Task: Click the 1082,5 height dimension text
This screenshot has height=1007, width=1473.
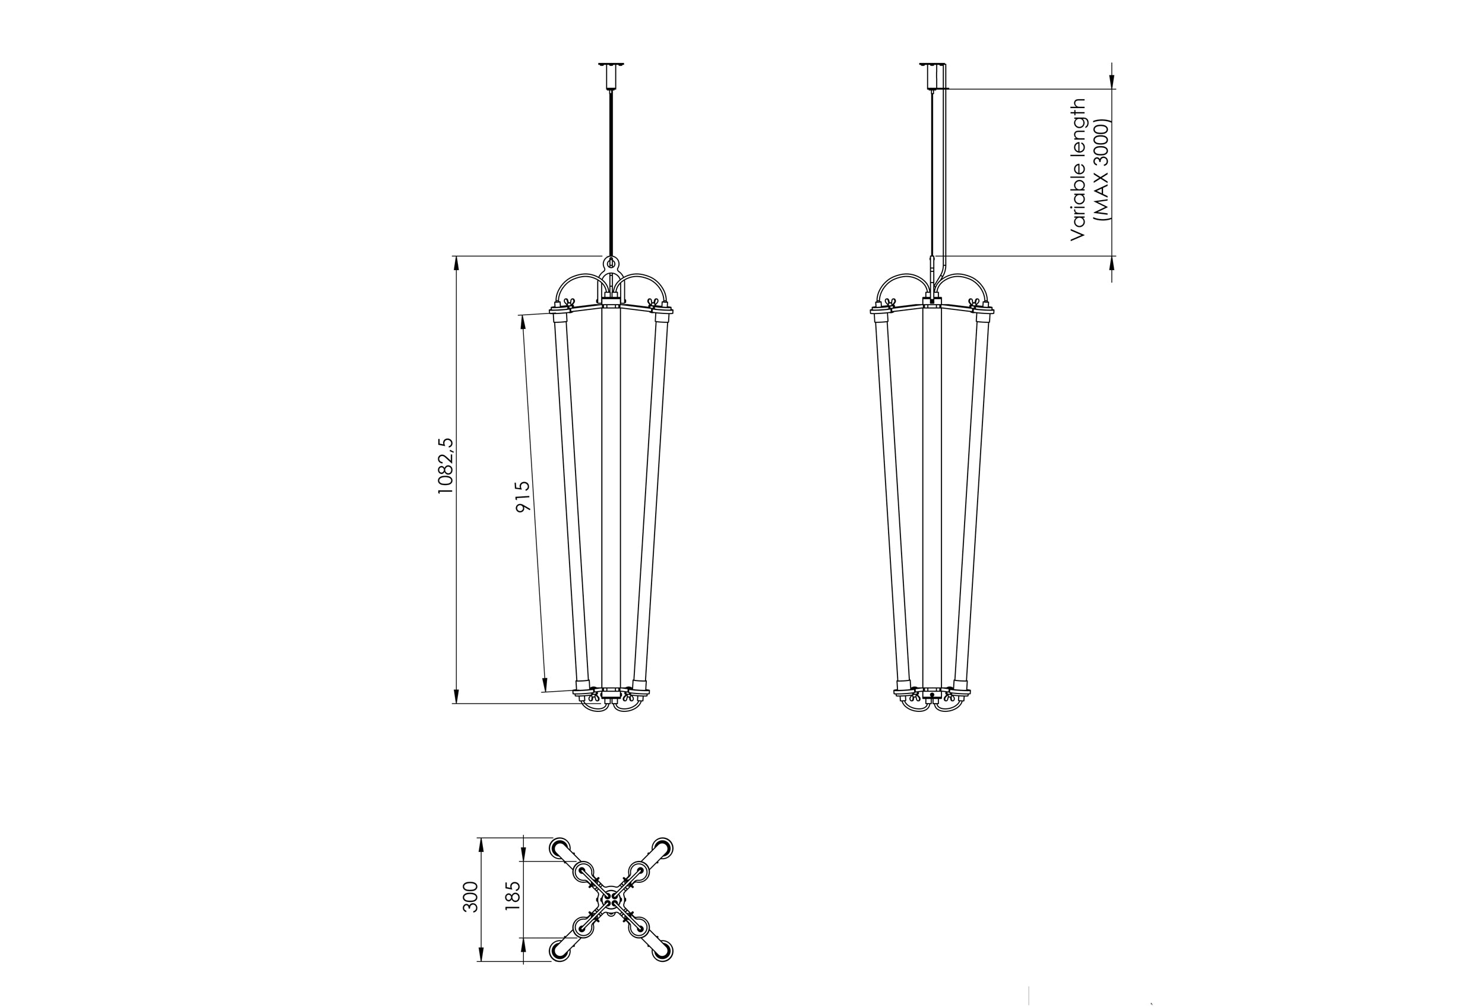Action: pos(445,465)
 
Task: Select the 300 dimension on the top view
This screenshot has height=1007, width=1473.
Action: pos(470,896)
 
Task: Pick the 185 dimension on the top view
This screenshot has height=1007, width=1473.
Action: pos(513,895)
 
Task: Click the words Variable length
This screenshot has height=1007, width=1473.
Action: pos(1077,169)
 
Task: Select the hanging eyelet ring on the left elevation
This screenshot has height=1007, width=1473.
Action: pos(611,262)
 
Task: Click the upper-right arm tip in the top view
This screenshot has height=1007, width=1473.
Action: pos(663,847)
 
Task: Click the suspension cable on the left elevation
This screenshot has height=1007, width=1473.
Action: pos(611,171)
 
